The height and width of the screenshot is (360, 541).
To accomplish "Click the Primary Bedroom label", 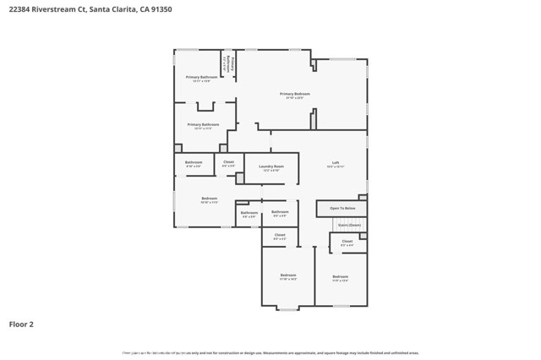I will click(295, 94).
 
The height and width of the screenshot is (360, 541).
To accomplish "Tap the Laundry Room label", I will click(271, 166).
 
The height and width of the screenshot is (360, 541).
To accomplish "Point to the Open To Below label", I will click(342, 208).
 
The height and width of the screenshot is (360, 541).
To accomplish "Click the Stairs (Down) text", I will click(349, 225).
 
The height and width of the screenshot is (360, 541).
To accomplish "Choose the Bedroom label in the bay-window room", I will click(288, 275).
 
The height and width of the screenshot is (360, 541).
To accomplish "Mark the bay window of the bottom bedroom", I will click(288, 308).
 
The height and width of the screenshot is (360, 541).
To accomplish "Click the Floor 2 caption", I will click(21, 324).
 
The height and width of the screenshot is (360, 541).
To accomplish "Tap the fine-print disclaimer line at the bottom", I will click(270, 353).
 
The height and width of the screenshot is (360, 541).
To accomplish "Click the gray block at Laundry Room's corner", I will click(240, 178).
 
